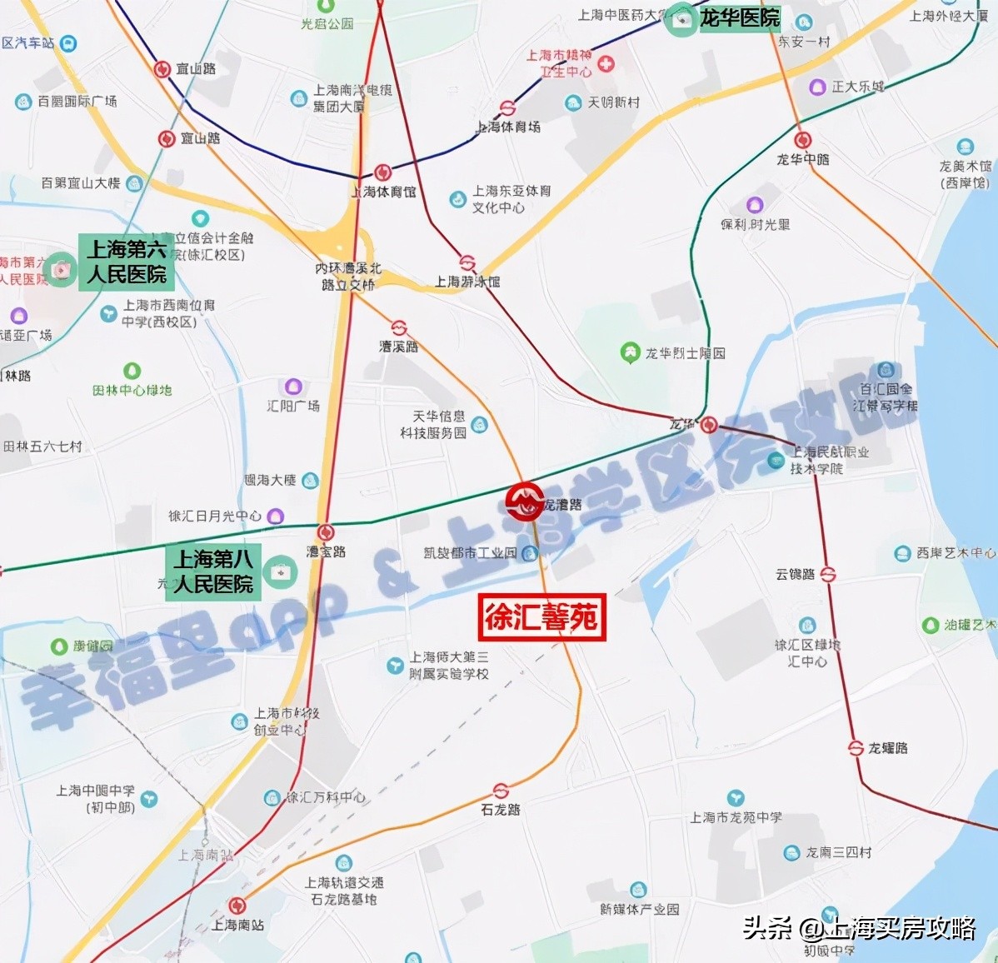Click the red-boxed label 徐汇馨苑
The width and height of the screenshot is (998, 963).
541,617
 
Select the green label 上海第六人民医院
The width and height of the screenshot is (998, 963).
127,262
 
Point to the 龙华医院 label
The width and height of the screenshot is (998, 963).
739,17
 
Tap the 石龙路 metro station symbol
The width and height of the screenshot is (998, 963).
501,791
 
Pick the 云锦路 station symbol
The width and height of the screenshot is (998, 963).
827,575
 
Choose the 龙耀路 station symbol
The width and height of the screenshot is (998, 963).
855,748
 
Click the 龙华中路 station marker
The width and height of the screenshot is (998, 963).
803,140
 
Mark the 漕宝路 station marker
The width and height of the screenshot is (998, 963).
326,532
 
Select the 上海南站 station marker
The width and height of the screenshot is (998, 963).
237,906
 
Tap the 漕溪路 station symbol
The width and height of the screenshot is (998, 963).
399,328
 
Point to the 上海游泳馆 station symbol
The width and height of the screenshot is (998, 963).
467,263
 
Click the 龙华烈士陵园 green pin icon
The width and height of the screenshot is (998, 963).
630,352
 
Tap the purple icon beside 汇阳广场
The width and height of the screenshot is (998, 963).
293,387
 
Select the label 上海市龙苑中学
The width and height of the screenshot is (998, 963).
736,817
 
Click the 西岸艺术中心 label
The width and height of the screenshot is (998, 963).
956,553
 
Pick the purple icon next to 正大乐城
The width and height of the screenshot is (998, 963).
818,87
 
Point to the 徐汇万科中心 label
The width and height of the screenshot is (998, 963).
326,797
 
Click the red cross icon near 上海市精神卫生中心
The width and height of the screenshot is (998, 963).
606,63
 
